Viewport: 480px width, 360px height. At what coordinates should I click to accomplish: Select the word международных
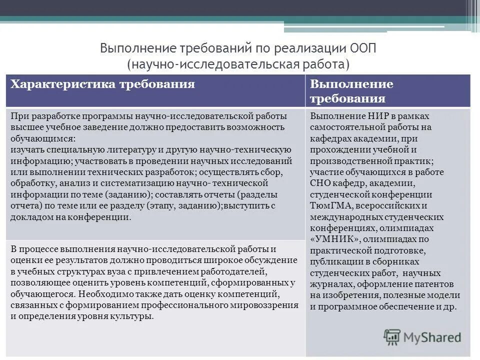point(344,217)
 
